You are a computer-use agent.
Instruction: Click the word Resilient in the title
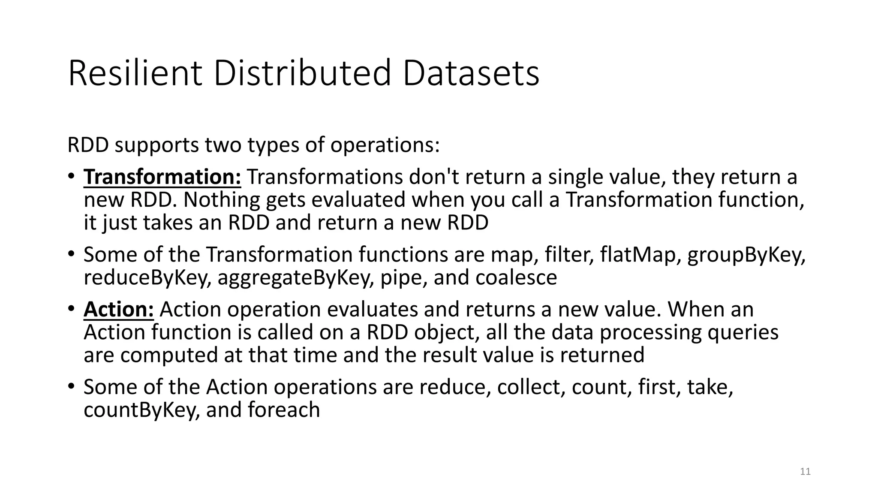coord(135,73)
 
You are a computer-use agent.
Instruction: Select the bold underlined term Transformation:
coord(162,177)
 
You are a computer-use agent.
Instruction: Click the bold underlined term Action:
coord(118,309)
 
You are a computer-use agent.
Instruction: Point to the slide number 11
coord(805,472)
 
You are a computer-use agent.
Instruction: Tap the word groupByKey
coord(746,255)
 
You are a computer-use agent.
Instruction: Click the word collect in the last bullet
coord(532,387)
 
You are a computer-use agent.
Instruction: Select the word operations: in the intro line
coord(385,145)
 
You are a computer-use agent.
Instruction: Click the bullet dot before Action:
coord(71,309)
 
